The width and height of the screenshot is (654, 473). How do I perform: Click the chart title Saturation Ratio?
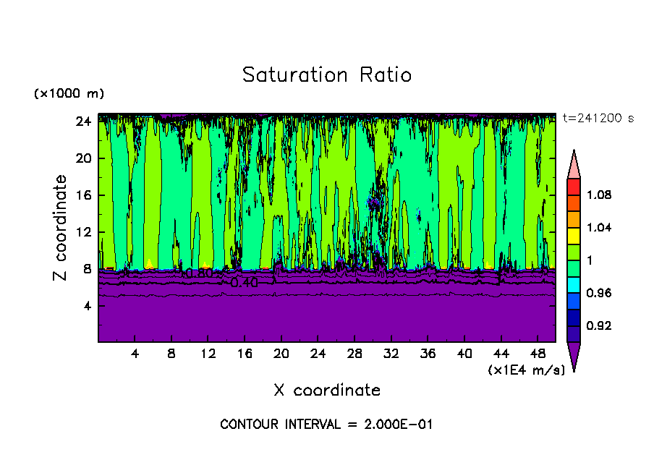pyautogui.click(x=327, y=75)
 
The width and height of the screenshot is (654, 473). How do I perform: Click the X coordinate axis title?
pyautogui.click(x=327, y=391)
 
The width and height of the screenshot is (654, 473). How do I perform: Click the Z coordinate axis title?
pyautogui.click(x=61, y=228)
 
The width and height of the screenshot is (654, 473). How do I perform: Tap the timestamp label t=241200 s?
pyautogui.click(x=598, y=119)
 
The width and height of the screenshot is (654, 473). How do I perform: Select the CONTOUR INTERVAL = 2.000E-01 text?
pyautogui.click(x=326, y=425)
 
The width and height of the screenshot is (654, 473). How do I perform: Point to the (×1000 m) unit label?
pyautogui.click(x=69, y=94)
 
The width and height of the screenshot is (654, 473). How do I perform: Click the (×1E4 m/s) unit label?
pyautogui.click(x=526, y=370)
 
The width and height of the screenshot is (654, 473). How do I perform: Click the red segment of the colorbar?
pyautogui.click(x=573, y=187)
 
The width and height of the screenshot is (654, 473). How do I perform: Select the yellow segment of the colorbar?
pyautogui.click(x=573, y=236)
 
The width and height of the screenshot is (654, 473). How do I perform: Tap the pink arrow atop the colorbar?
pyautogui.click(x=573, y=164)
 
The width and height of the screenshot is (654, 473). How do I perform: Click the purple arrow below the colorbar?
pyautogui.click(x=573, y=356)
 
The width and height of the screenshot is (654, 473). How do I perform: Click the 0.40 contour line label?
pyautogui.click(x=244, y=284)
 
